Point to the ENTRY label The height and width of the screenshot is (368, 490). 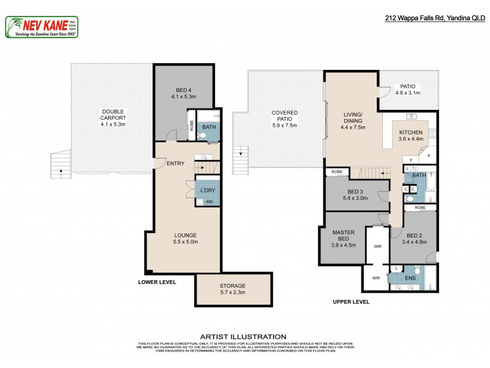pos(175,163)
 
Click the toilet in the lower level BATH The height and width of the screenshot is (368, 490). pos(211,137)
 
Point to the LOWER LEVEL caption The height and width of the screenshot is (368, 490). pos(157,283)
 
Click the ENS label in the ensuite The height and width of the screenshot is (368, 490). pos(411,278)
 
